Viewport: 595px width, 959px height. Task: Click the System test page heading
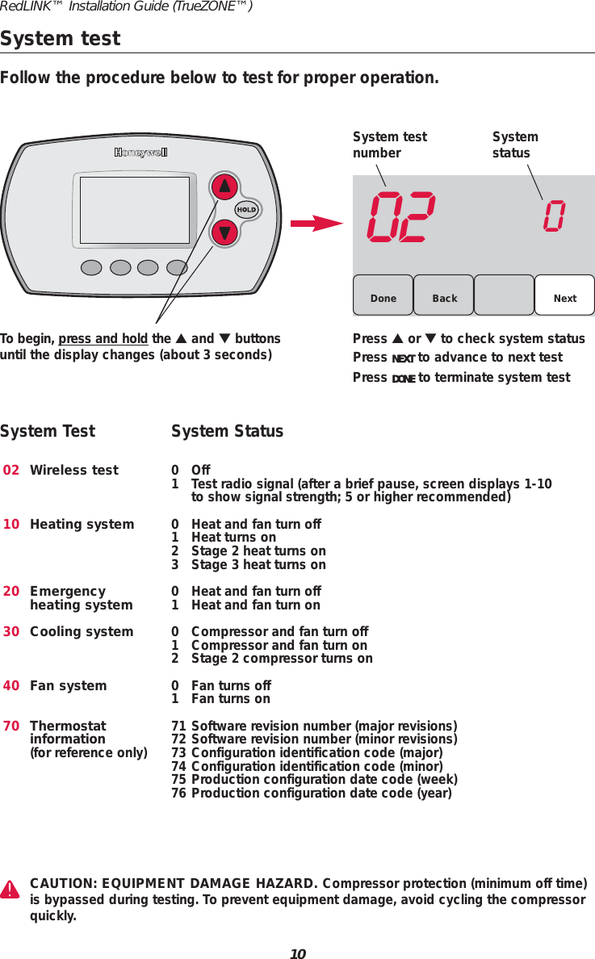pos(61,39)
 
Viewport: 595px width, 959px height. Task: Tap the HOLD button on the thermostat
pos(246,210)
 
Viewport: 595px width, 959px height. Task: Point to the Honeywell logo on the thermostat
pos(140,153)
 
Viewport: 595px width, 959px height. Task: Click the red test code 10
pos(11,525)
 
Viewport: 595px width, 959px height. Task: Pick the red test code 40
pos(11,686)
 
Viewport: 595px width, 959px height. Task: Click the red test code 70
pos(11,727)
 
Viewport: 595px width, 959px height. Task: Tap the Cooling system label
pos(82,632)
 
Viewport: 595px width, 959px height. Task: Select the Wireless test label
pos(74,471)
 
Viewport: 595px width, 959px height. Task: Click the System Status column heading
pos(228,432)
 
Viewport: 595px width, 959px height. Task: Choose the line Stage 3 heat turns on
pos(258,565)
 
